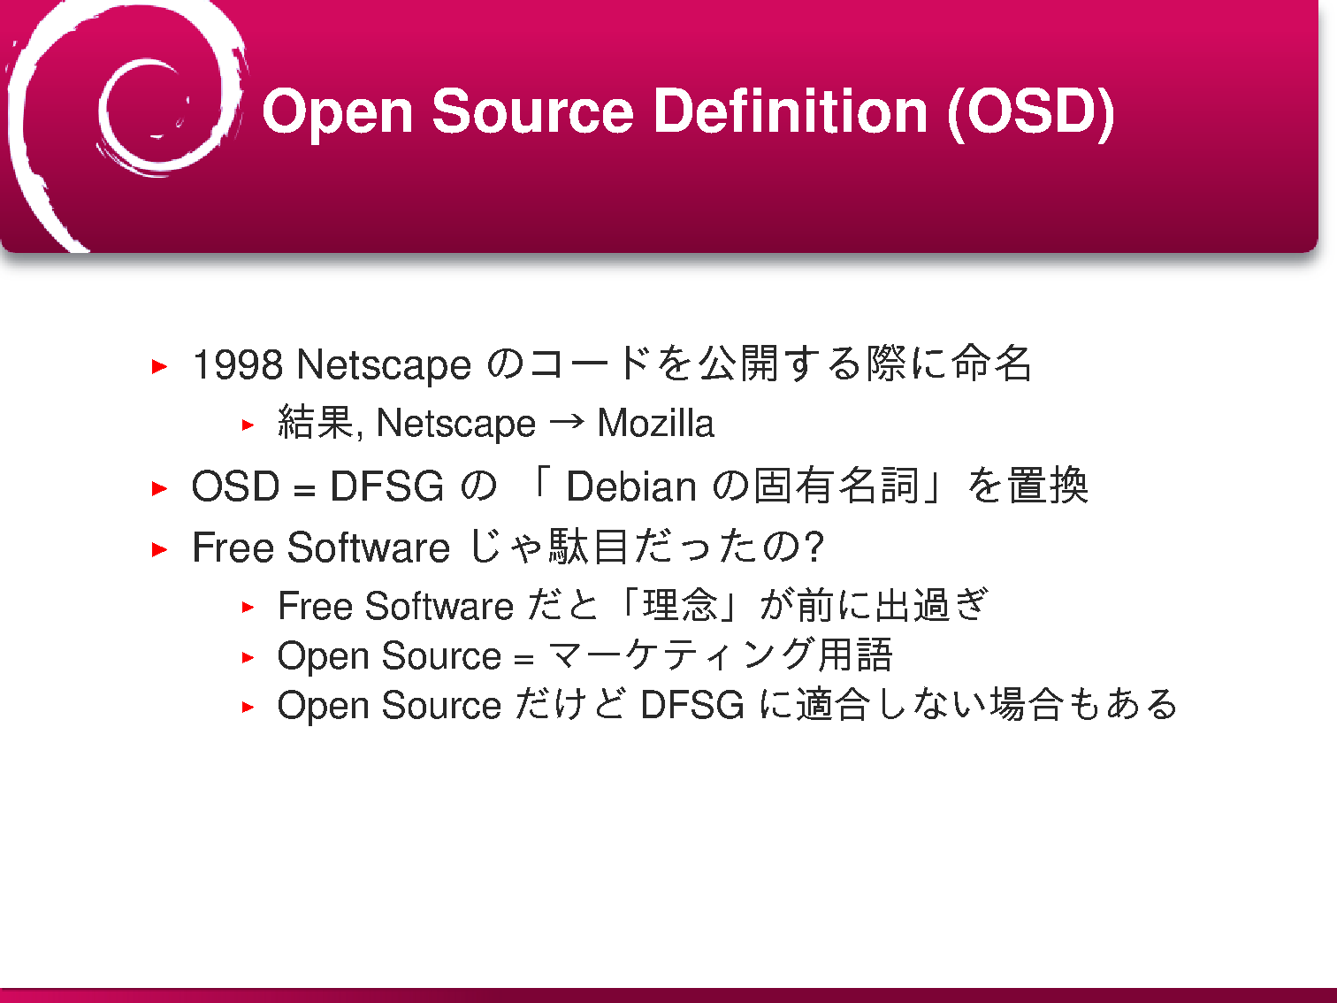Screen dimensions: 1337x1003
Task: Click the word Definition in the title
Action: pyautogui.click(x=790, y=111)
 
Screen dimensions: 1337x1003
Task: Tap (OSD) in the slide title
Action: pyautogui.click(x=1031, y=113)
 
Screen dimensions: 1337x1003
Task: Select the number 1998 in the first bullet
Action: pyautogui.click(x=238, y=364)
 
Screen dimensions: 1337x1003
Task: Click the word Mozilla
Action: pyautogui.click(x=655, y=423)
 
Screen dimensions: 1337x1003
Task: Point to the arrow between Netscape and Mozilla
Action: pyautogui.click(x=567, y=421)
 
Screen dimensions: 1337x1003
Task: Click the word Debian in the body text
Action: pyautogui.click(x=631, y=486)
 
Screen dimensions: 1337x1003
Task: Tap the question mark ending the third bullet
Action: pyautogui.click(x=814, y=546)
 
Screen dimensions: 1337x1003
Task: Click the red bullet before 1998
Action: pyautogui.click(x=159, y=366)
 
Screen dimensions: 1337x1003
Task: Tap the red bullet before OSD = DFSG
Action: pyautogui.click(x=159, y=488)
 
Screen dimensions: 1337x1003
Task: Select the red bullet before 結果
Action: pyautogui.click(x=248, y=425)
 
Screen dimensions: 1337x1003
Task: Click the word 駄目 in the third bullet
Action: pyautogui.click(x=588, y=546)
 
